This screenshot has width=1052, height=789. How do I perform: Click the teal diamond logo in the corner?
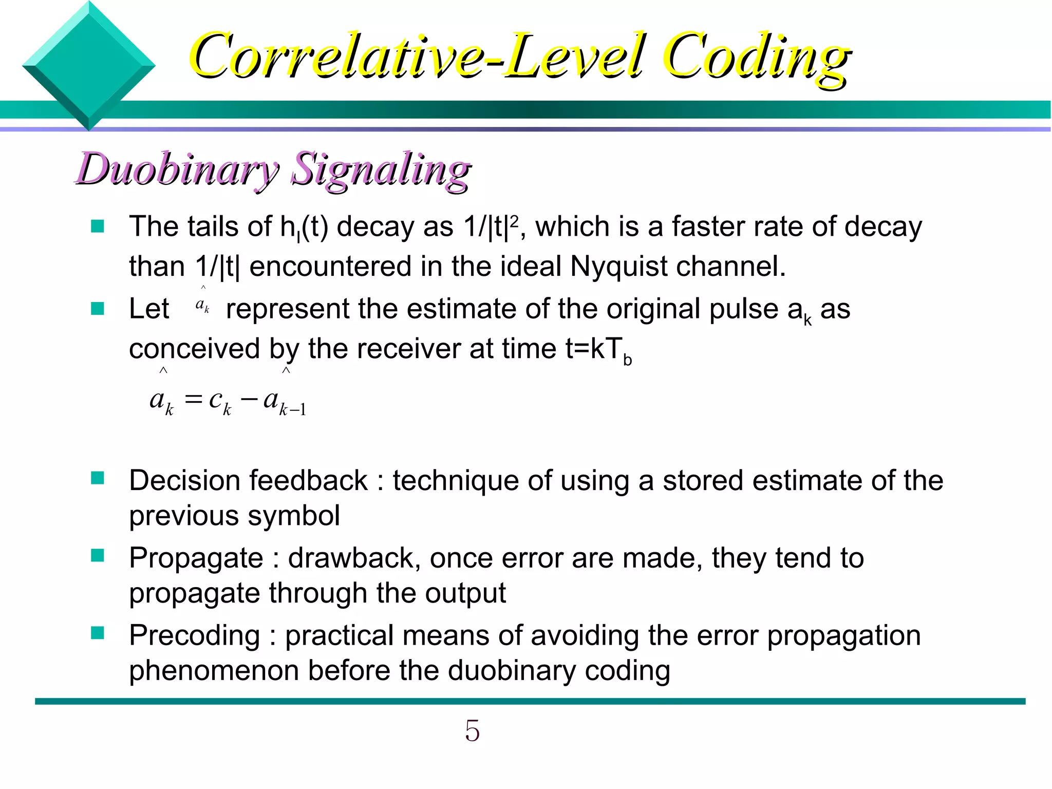click(88, 66)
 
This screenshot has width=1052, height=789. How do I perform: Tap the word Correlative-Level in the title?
click(416, 57)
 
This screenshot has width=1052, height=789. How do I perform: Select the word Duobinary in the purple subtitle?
click(177, 170)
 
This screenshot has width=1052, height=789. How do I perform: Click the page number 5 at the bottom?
click(472, 730)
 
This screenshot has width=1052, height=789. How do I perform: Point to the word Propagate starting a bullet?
click(196, 558)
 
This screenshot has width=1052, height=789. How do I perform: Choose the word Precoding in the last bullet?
click(195, 635)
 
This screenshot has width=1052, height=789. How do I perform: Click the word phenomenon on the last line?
click(214, 671)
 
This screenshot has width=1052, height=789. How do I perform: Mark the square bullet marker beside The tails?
click(98, 226)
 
